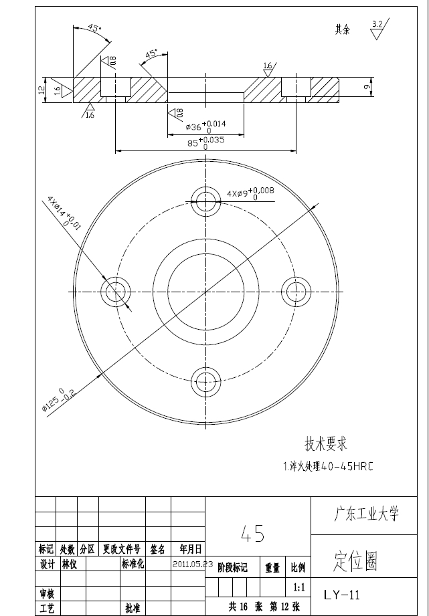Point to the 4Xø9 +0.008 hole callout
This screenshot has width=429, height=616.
[251, 193]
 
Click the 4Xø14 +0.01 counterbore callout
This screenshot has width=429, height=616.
[64, 214]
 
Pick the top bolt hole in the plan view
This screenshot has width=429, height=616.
[205, 199]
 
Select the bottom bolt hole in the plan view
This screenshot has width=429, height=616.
[205, 383]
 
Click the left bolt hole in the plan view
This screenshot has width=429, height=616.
[114, 291]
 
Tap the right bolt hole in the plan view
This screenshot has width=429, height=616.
[296, 291]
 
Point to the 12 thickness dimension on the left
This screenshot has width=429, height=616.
[41, 89]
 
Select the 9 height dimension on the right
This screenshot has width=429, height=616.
[367, 87]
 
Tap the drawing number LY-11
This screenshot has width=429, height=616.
[342, 595]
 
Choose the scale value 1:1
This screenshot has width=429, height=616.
[299, 587]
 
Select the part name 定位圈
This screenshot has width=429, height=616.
[355, 562]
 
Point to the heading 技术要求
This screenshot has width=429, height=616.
[326, 443]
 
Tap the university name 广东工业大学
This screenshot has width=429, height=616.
[366, 514]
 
